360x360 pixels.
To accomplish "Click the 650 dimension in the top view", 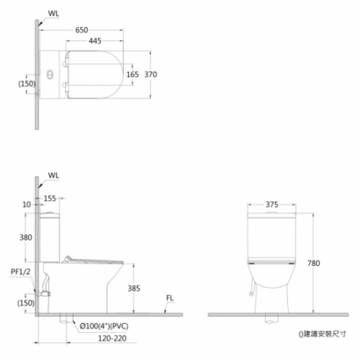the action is pyautogui.click(x=82, y=30).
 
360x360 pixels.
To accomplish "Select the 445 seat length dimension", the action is pyautogui.click(x=95, y=40).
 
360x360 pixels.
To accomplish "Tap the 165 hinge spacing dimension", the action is pyautogui.click(x=133, y=75).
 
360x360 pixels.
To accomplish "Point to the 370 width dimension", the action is pyautogui.click(x=151, y=75).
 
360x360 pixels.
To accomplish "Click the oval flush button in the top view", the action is pyautogui.click(x=50, y=74).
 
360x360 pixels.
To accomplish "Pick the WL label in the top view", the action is pyautogui.click(x=54, y=13).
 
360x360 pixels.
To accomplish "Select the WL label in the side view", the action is pyautogui.click(x=54, y=176).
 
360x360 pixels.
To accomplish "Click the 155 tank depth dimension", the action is pyautogui.click(x=50, y=198).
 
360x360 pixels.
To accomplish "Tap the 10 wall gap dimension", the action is pyautogui.click(x=26, y=205).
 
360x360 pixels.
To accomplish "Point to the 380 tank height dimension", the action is pyautogui.click(x=25, y=237).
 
